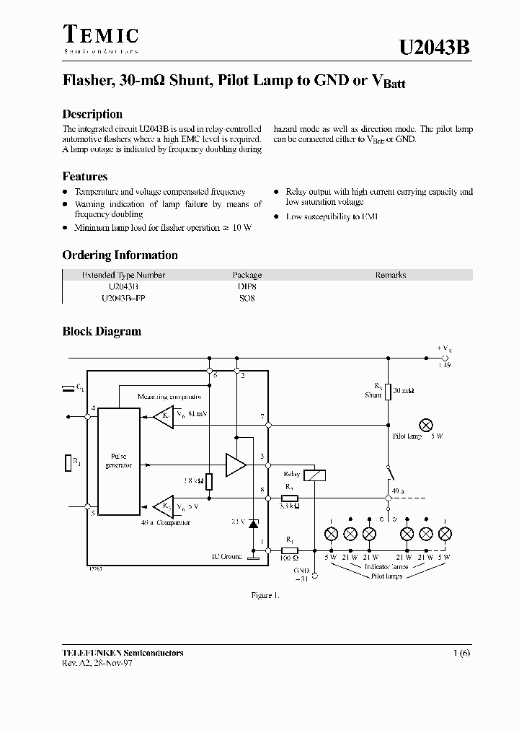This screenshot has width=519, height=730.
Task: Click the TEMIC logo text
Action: (100, 35)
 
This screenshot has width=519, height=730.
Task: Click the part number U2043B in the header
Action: (435, 48)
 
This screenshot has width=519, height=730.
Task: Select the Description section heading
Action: (92, 114)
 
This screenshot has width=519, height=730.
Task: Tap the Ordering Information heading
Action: (120, 255)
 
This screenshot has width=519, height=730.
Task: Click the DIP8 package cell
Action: (247, 286)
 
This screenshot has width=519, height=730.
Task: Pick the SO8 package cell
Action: (247, 298)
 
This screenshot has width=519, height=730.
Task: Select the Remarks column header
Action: (390, 275)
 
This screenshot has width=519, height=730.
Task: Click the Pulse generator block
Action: (119, 461)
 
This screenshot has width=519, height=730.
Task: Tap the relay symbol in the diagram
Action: (315, 475)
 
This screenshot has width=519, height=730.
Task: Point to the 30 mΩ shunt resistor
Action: (388, 392)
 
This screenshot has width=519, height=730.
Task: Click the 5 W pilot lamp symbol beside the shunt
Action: (425, 424)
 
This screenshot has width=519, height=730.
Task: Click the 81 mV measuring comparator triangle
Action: (164, 416)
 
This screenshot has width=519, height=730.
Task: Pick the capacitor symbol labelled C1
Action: (69, 389)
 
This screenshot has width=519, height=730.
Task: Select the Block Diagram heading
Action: (102, 332)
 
